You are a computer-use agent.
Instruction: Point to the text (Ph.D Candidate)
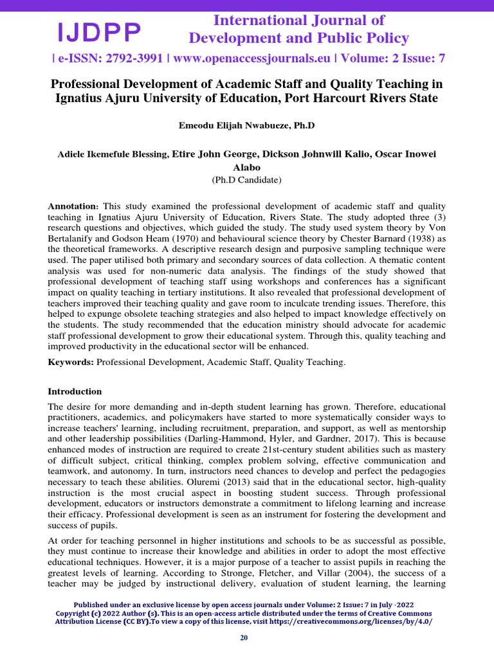click(246, 180)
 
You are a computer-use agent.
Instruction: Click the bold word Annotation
click(73, 206)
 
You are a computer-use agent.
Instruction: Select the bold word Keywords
click(71, 362)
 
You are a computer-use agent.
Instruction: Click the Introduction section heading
click(75, 391)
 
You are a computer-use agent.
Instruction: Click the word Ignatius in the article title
click(78, 98)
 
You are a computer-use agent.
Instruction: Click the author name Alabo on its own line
click(246, 167)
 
